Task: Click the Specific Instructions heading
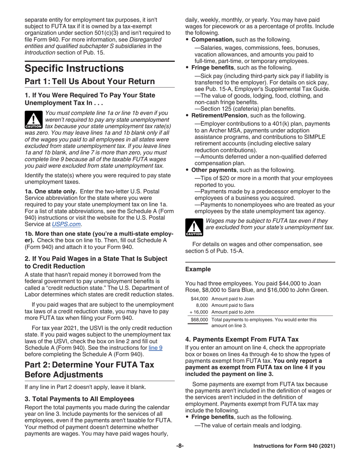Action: coord(74,69)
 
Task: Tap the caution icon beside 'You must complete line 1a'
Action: coord(33,119)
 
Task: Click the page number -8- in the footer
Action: coord(180,446)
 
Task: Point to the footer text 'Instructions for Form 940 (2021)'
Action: coord(294,446)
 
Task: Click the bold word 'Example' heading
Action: coord(198,269)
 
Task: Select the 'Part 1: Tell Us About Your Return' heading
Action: coord(89,81)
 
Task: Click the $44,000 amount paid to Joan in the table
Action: coord(199,299)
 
